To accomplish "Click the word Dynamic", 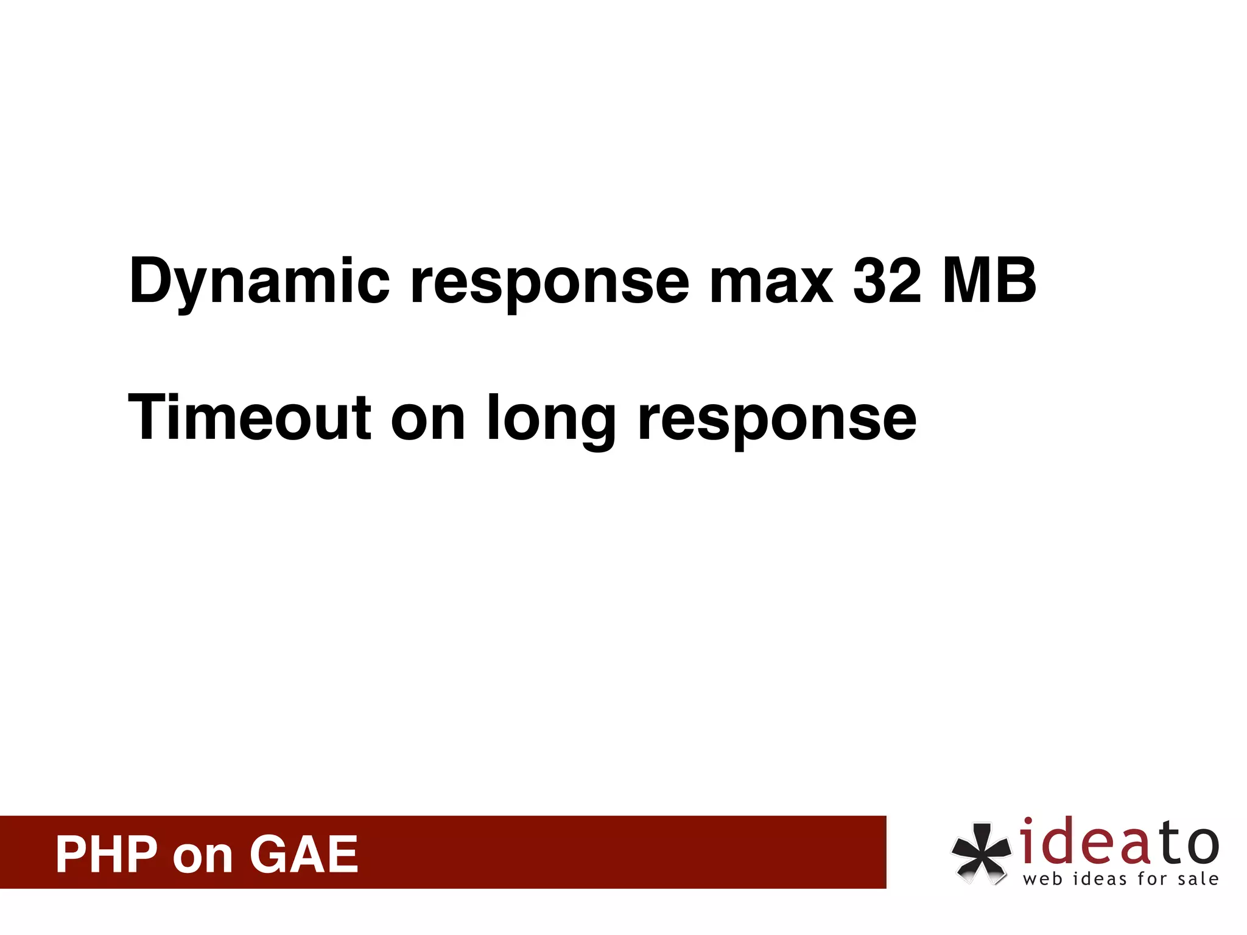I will (259, 282).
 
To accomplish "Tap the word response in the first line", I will (550, 282).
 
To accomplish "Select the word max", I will (771, 282).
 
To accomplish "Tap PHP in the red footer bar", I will (107, 855).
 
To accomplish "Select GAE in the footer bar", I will (303, 855).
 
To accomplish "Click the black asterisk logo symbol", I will (980, 852).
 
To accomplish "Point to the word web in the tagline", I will (1042, 879).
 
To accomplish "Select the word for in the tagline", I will (1152, 879).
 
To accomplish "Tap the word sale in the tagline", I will (1198, 879).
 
